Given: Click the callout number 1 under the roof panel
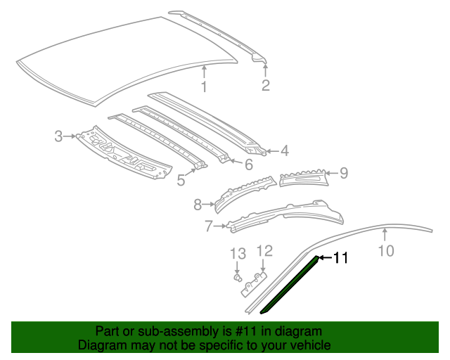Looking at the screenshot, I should (204, 87).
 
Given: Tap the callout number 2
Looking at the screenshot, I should (266, 86).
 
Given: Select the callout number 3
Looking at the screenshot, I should (59, 136).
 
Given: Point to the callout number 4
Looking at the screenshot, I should (284, 150).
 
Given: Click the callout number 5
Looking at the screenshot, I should (181, 181).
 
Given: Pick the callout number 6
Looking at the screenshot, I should (248, 165).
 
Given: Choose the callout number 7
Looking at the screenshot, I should (208, 226).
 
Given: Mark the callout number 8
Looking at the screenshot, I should (198, 205).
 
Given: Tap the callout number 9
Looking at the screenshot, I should (344, 172).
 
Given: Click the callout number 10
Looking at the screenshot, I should (387, 251).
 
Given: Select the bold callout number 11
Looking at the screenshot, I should (340, 258).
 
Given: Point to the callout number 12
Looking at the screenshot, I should (264, 251).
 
